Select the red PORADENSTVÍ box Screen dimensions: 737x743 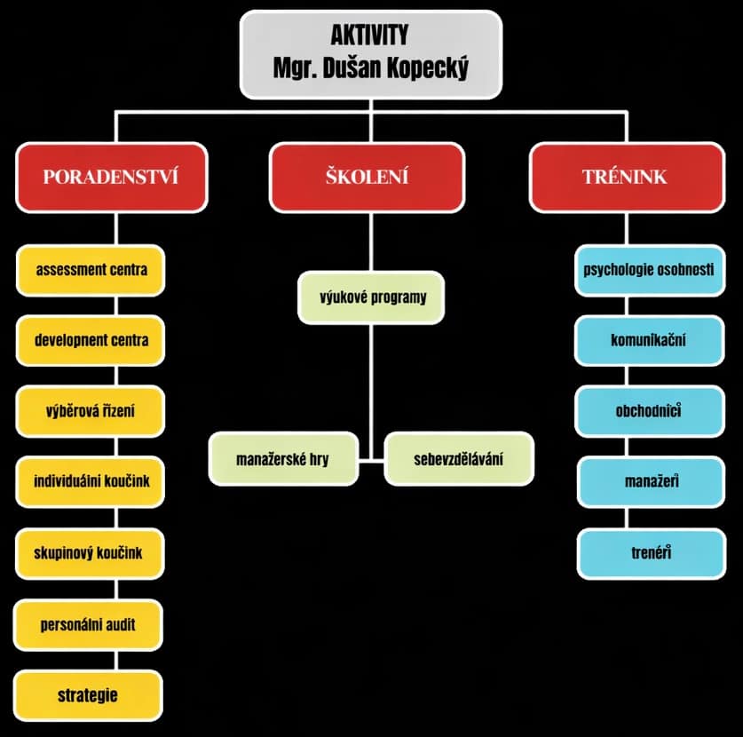(111, 176)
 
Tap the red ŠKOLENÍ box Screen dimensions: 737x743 (367, 176)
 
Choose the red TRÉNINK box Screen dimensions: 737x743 (625, 176)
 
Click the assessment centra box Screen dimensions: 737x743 (91, 269)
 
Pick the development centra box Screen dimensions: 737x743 (91, 340)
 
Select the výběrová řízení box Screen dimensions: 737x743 (91, 411)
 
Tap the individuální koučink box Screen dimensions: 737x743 (91, 481)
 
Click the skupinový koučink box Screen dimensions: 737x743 (91, 553)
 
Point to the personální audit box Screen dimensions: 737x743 (89, 624)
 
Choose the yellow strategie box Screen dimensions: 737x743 (89, 694)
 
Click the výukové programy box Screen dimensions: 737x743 (372, 297)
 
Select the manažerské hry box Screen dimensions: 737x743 (283, 459)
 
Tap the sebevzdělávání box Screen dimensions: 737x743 (459, 459)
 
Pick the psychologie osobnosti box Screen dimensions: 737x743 (649, 269)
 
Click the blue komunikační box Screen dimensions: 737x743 (649, 340)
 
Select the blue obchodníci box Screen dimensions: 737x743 (649, 411)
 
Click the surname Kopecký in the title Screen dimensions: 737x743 (431, 67)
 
